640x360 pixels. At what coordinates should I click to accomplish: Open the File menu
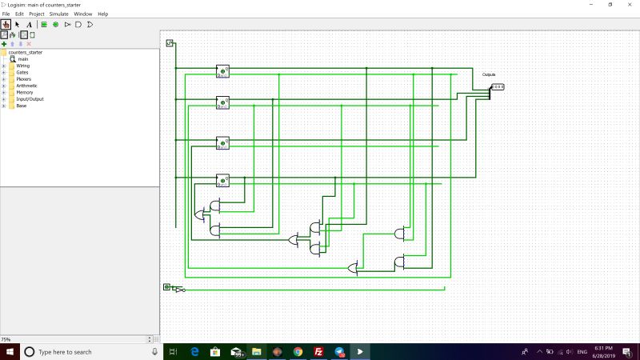(6, 14)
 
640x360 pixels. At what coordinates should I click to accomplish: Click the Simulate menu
(58, 14)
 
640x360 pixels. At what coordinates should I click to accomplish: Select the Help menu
(102, 14)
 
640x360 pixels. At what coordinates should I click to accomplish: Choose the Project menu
(37, 14)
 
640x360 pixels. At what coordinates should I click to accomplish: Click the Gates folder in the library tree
(22, 72)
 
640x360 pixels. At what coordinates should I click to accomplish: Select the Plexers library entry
(23, 79)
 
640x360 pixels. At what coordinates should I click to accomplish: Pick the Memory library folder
(24, 93)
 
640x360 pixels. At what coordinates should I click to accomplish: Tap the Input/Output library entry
(30, 99)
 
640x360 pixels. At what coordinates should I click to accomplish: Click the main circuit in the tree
(23, 59)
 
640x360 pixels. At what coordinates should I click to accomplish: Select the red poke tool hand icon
(6, 24)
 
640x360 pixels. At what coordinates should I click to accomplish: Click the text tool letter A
(29, 24)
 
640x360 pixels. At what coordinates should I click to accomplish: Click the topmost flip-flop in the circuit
(222, 71)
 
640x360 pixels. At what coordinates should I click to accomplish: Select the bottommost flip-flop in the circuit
(222, 180)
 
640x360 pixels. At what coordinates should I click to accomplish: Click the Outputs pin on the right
(497, 86)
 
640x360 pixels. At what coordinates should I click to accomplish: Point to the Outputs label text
(489, 74)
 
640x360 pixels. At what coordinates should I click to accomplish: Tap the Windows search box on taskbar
(88, 352)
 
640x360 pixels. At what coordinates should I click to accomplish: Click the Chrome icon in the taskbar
(298, 352)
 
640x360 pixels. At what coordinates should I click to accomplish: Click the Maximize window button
(610, 4)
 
